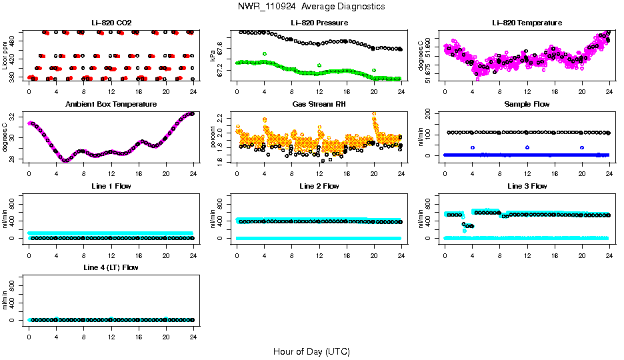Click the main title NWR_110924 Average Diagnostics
click(311, 7)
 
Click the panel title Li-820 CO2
click(111, 23)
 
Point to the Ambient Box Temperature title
click(111, 105)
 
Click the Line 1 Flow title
click(111, 186)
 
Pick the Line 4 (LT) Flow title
click(111, 267)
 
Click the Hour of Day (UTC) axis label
click(311, 351)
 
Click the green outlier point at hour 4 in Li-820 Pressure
click(265, 53)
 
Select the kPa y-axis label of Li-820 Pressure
click(213, 55)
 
